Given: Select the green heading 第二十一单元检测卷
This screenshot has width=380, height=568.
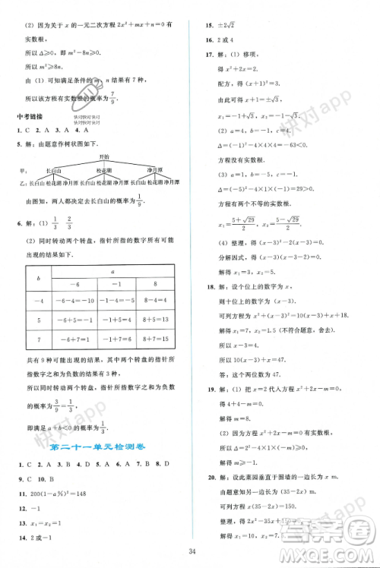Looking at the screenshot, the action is [x=97, y=447].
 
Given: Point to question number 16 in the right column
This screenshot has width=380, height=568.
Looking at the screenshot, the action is [x=209, y=39].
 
